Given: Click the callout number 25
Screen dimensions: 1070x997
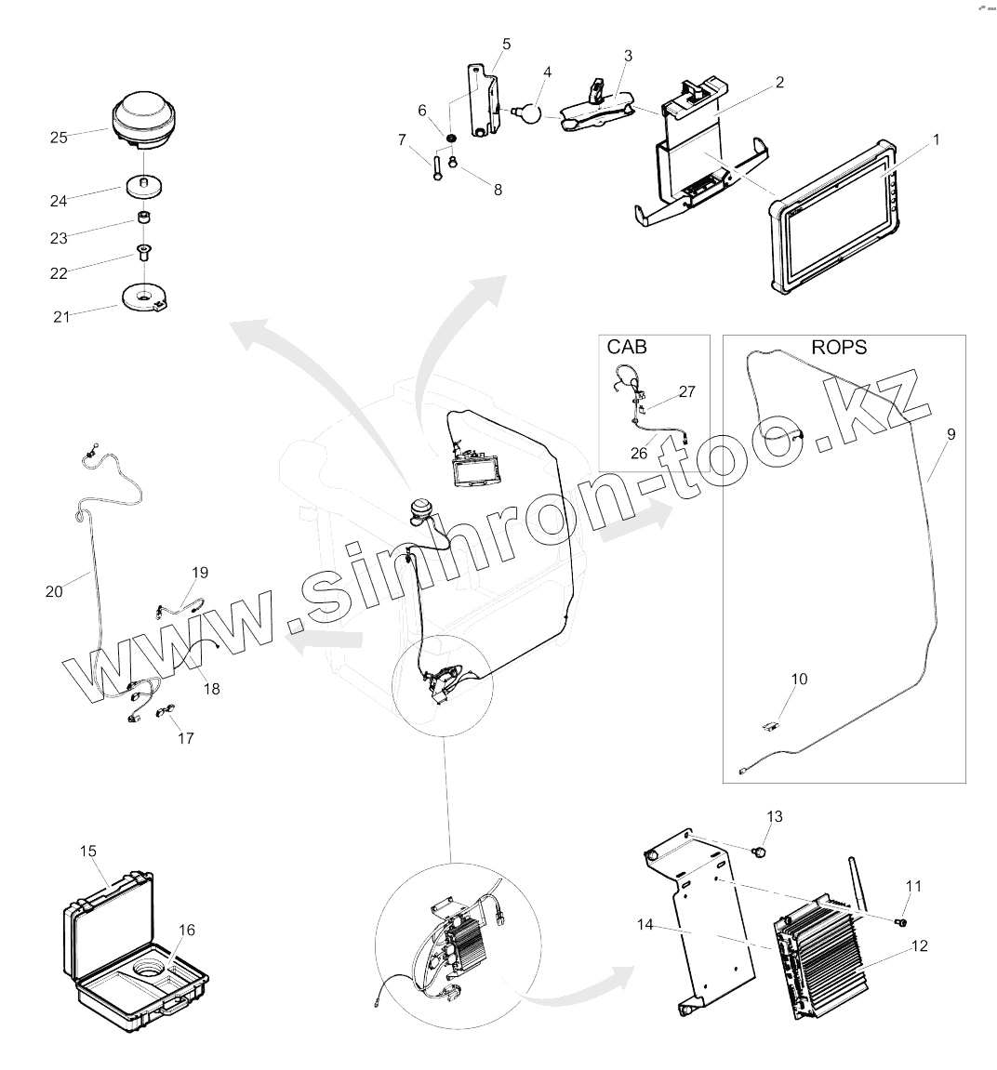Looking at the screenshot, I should coord(59,138).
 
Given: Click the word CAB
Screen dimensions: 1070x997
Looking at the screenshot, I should coord(627,348).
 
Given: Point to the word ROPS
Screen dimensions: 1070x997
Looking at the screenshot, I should coord(839,348).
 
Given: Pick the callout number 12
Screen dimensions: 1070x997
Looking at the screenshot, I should coord(919,946).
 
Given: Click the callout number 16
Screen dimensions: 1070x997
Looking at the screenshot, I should coord(187,930).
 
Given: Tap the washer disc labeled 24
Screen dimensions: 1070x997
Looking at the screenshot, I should coord(142,184).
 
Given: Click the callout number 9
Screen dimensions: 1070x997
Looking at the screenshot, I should coord(950,434).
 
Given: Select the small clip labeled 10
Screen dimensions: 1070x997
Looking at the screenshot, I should coord(771,725).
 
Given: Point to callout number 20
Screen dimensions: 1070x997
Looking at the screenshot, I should coord(54,590).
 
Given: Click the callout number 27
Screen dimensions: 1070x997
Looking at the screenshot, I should coord(686,392).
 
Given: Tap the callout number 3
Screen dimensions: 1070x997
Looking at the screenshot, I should coord(628,56).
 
